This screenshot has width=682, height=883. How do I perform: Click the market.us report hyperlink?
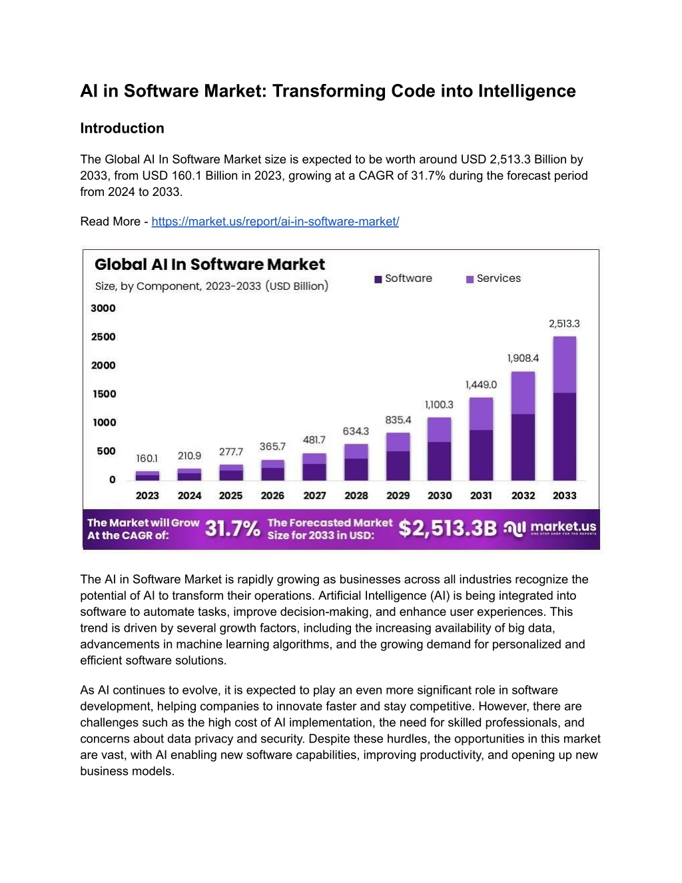275,221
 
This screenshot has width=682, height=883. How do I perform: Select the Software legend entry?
403,279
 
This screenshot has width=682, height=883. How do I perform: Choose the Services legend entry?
494,279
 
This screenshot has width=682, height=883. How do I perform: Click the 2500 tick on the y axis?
103,337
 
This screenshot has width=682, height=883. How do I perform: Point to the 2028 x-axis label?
356,495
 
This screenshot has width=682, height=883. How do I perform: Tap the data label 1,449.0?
481,385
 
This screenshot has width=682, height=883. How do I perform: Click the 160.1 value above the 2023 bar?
147,458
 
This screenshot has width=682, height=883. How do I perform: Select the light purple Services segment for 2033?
565,365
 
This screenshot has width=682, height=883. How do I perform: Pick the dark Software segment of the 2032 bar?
523,447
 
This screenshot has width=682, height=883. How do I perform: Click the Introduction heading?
122,128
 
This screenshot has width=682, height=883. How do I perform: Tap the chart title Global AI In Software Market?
210,264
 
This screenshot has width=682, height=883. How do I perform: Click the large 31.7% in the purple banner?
232,528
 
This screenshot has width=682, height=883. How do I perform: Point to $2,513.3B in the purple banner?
448,528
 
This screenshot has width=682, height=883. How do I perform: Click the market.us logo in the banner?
550,528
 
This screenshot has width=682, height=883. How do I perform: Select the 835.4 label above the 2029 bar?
398,420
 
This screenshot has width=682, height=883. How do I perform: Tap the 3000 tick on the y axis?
103,308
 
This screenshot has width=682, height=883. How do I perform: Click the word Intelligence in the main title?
527,91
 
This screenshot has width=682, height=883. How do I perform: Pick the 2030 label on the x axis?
440,495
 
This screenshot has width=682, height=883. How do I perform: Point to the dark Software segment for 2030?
440,461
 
